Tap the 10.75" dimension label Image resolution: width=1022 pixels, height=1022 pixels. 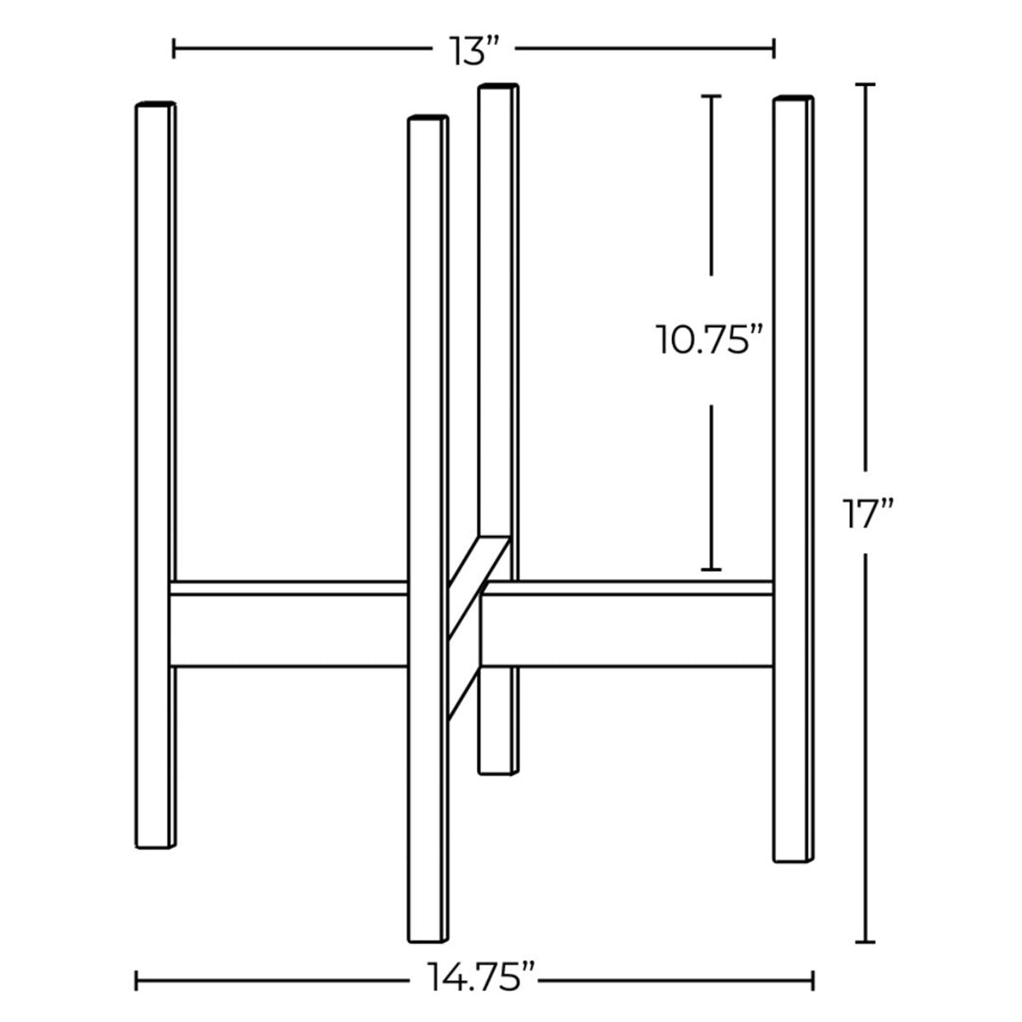pos(707,341)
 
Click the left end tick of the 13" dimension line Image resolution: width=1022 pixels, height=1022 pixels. pos(174,49)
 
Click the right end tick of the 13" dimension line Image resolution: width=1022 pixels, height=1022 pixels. pos(773,49)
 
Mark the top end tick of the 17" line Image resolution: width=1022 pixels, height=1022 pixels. pos(866,84)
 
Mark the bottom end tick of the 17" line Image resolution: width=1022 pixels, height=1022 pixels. pos(866,940)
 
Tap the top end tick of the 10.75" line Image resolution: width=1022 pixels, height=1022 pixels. pos(711,95)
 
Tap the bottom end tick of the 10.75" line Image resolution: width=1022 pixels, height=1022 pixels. pos(711,569)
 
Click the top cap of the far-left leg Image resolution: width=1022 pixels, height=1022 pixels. pos(155,104)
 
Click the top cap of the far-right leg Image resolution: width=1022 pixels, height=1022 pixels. pos(793,99)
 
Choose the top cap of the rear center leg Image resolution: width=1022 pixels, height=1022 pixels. pos(498,85)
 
